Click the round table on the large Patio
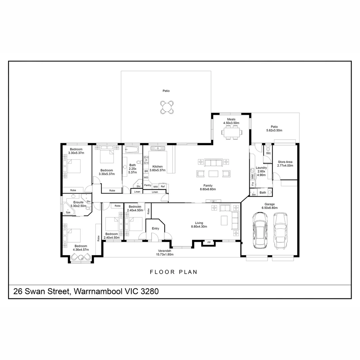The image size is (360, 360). pyautogui.click(x=166, y=107)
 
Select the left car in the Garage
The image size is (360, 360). pyautogui.click(x=260, y=230)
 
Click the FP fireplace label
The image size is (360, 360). pyautogui.click(x=209, y=242)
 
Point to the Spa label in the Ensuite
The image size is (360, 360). pyautogui.click(x=68, y=212)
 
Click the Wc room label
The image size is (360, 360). pyautogui.click(x=268, y=153)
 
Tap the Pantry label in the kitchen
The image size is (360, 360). pyautogui.click(x=147, y=185)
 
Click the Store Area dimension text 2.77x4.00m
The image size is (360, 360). pyautogui.click(x=285, y=165)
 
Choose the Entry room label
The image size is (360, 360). pyautogui.click(x=155, y=228)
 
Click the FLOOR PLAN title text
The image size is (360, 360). pyautogui.click(x=174, y=272)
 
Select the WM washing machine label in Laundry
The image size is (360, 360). pyautogui.click(x=252, y=176)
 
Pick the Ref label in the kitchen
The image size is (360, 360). pyautogui.click(x=163, y=187)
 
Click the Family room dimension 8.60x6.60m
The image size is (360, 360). pyautogui.click(x=208, y=189)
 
